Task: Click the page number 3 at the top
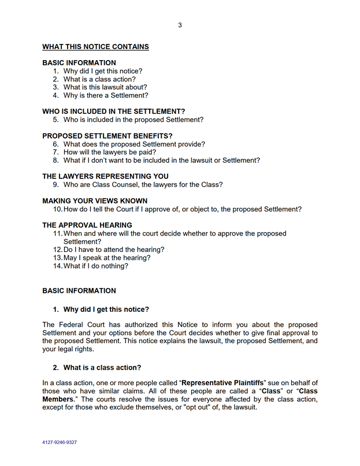coord(180,24)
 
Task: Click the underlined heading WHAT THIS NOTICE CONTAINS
coord(95,47)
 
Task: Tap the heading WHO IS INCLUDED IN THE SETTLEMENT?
coord(114,111)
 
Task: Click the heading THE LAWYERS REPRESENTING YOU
coord(105,177)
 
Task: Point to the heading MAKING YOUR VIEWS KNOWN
coord(95,201)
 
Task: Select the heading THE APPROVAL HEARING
coord(87,225)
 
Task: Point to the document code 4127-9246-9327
coord(60,442)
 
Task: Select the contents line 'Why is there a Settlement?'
coord(106,95)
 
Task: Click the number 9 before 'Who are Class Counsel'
coord(55,185)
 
